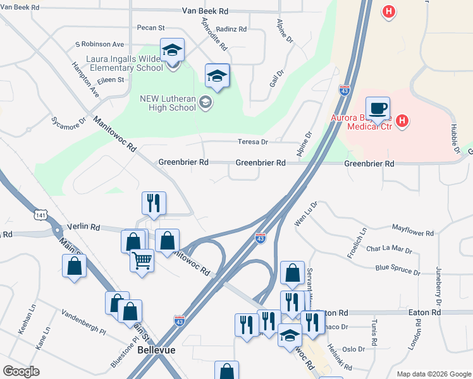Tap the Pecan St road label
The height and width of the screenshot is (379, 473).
[x=150, y=28]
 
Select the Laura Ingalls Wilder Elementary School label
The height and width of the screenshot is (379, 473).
[x=124, y=63]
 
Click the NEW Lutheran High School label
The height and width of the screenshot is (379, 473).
[x=168, y=103]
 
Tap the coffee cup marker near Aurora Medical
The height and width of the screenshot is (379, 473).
[x=378, y=109]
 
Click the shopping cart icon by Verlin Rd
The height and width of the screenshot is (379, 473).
[x=142, y=259]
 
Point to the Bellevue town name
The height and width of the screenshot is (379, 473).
[x=156, y=349]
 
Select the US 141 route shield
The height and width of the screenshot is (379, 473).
[x=41, y=215]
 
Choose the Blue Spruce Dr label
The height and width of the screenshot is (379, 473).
[x=398, y=270]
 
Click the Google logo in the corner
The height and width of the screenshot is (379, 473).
[x=21, y=371]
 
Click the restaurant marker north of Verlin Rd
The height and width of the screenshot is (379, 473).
[x=154, y=203]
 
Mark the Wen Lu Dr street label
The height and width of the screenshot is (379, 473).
[x=305, y=214]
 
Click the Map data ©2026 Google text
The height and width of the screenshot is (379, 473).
[x=433, y=374]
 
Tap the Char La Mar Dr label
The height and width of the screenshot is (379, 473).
[x=389, y=249]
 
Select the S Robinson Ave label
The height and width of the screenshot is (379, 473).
[x=99, y=45]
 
